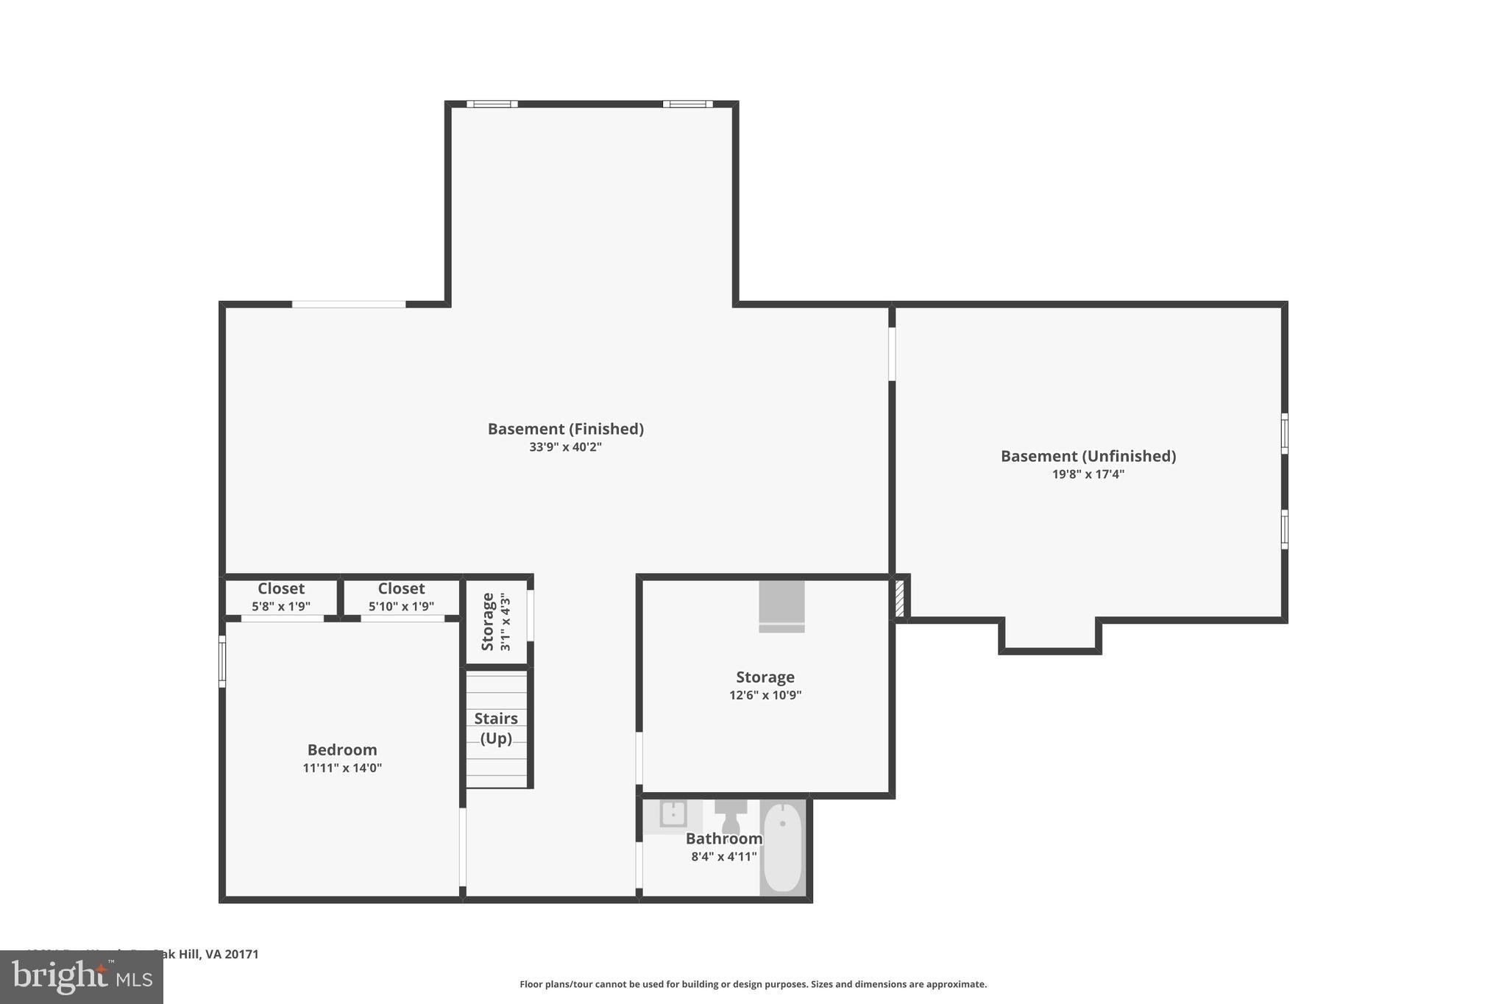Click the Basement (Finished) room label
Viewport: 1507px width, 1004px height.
565,429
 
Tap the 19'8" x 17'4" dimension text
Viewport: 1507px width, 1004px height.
1088,474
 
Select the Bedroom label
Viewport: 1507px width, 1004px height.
342,750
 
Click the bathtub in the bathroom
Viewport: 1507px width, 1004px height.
783,847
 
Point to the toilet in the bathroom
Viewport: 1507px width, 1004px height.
731,816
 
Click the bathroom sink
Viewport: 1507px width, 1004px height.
673,814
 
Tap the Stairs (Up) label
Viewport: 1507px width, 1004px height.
496,728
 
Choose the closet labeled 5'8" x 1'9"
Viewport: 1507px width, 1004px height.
280,597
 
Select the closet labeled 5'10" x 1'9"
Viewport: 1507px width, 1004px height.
401,597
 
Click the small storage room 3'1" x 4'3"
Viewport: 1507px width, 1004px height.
496,622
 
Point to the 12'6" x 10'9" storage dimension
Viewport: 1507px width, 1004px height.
765,695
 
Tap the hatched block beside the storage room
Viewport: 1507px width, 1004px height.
899,598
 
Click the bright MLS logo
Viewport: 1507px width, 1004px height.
82,977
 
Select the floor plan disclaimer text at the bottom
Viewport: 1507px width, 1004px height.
753,984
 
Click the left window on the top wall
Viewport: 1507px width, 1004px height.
492,104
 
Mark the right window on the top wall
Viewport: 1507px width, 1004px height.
687,104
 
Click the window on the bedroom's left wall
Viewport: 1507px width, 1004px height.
222,661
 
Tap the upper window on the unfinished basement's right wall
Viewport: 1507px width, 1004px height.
1284,433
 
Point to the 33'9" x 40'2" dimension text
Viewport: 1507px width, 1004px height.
565,447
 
